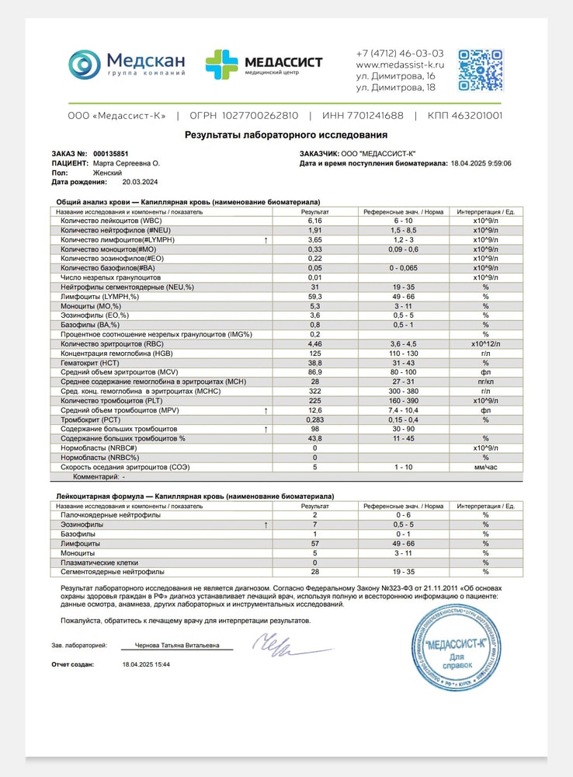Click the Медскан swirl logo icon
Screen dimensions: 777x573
pos(85,64)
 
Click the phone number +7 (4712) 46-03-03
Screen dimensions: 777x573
pos(400,54)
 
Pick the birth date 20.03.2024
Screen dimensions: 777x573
pos(140,182)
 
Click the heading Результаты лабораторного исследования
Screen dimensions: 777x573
pos(286,134)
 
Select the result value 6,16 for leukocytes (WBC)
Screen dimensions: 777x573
pos(314,221)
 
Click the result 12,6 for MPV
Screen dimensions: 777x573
pos(314,410)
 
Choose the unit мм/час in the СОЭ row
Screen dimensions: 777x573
pos(485,467)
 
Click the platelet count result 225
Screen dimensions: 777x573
pos(314,401)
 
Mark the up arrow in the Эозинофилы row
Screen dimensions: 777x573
pos(266,525)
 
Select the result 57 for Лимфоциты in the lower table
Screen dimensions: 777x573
pos(314,544)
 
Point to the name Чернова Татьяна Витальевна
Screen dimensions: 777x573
pos(177,645)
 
